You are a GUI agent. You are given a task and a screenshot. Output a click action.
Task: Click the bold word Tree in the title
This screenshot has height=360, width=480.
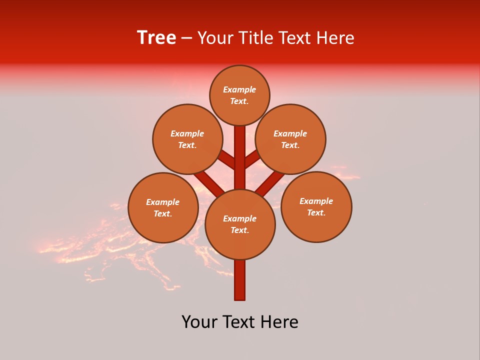click(156, 38)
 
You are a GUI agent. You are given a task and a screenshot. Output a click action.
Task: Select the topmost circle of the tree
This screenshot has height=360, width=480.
click(239, 95)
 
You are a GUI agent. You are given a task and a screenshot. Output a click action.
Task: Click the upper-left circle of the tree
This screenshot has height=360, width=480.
click(187, 139)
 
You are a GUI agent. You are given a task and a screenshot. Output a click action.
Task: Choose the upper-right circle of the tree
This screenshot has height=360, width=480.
click(290, 139)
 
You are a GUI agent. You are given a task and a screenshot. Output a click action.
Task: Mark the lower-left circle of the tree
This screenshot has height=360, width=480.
click(163, 207)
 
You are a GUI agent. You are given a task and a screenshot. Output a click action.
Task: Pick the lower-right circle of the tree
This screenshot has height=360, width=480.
click(316, 206)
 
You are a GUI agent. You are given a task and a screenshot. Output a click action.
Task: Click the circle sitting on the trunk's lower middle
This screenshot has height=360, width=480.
click(240, 224)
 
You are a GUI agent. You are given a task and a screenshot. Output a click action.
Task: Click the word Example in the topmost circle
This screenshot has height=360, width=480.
click(239, 89)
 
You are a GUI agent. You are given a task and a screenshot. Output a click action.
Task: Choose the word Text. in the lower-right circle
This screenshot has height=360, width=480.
click(316, 212)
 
